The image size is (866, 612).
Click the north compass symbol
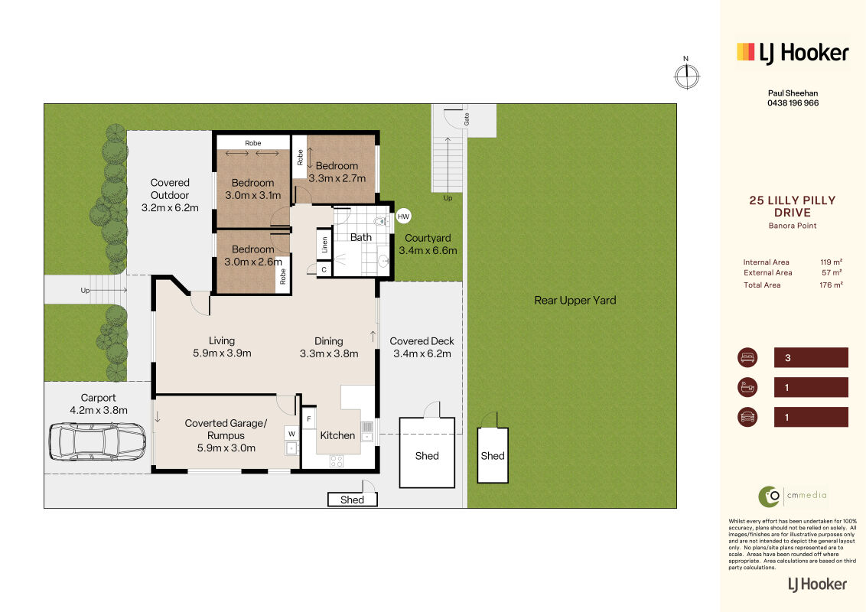[x=686, y=75]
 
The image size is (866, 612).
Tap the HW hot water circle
[x=403, y=216]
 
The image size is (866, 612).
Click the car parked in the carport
[x=98, y=442]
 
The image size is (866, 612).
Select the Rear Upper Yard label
[x=575, y=301]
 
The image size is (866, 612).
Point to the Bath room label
[x=360, y=237]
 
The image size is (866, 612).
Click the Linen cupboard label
[x=324, y=244]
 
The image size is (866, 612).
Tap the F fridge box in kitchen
[x=309, y=419]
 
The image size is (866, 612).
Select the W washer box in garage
[x=291, y=434]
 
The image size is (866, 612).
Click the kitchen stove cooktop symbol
[x=337, y=461]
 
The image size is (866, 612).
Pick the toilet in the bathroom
[x=380, y=221]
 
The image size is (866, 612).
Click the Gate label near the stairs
[x=467, y=119]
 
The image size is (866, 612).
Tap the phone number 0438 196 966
[x=793, y=103]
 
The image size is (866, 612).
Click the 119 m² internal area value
[x=832, y=262]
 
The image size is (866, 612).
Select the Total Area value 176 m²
[x=832, y=285]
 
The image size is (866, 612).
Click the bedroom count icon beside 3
[x=748, y=357]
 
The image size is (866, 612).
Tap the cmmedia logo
[x=793, y=496]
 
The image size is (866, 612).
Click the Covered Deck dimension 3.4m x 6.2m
[x=422, y=354]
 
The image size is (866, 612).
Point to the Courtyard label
[x=428, y=238]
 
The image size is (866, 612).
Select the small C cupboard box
[x=324, y=269]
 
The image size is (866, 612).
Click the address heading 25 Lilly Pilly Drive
[x=793, y=207]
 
